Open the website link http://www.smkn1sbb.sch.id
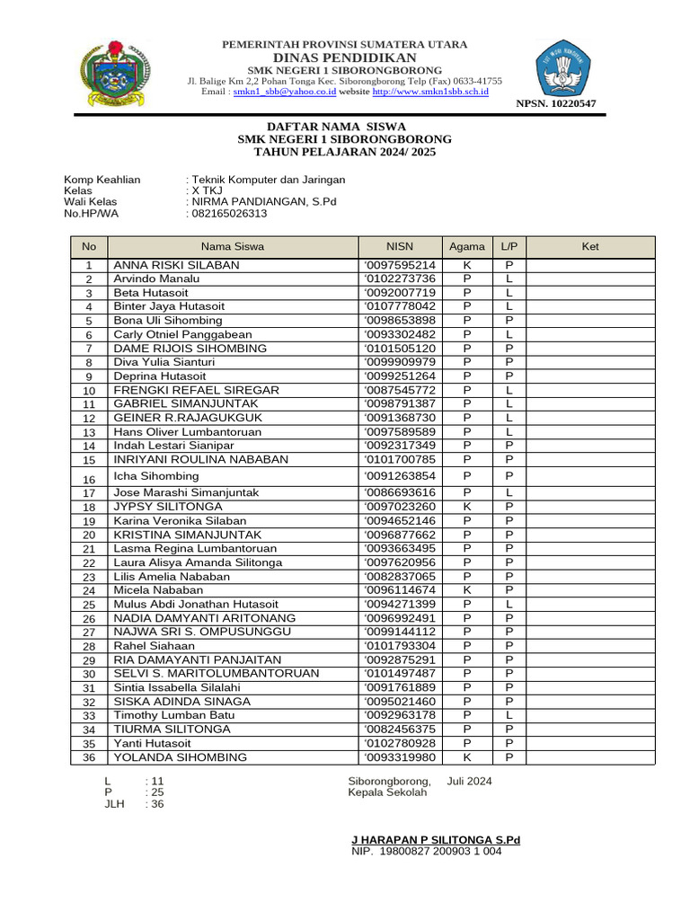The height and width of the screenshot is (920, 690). tap(430, 92)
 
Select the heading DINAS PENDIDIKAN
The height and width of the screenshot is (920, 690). tap(345, 57)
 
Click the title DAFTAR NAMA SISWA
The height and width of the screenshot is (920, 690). tap(344, 127)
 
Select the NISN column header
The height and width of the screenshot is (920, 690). tap(399, 246)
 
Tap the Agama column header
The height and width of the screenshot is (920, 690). tap(467, 246)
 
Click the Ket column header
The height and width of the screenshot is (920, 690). tap(590, 246)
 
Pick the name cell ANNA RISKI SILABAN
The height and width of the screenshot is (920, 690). tap(176, 265)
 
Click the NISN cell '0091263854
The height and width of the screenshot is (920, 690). tap(400, 476)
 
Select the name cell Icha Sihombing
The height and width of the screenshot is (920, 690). tap(156, 476)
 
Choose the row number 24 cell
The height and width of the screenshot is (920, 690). tap(89, 591)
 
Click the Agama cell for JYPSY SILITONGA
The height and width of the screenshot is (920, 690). tap(467, 507)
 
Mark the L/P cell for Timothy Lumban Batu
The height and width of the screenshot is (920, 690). tap(509, 715)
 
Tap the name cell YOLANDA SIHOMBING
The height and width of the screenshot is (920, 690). tap(180, 757)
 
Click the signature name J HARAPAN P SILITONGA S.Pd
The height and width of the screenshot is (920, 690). tap(436, 840)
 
